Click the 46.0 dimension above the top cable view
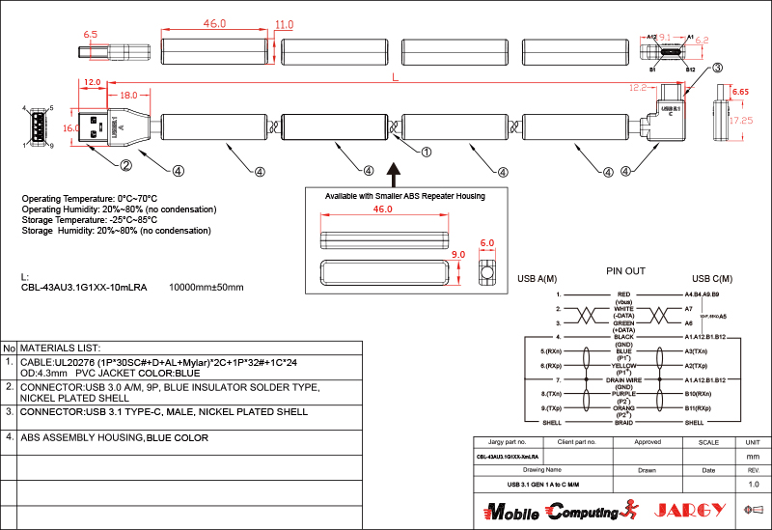point(213,23)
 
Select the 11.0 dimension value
point(285,24)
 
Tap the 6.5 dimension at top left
point(92,35)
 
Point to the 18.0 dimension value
point(130,96)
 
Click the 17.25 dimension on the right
point(741,122)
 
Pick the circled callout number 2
point(125,165)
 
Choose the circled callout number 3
point(718,69)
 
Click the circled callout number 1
point(426,151)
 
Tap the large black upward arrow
point(394,174)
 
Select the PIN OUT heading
point(625,271)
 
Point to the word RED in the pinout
point(624,293)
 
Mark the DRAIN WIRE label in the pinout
point(624,380)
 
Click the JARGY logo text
point(689,510)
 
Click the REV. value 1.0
point(754,484)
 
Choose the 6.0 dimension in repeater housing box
point(486,243)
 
